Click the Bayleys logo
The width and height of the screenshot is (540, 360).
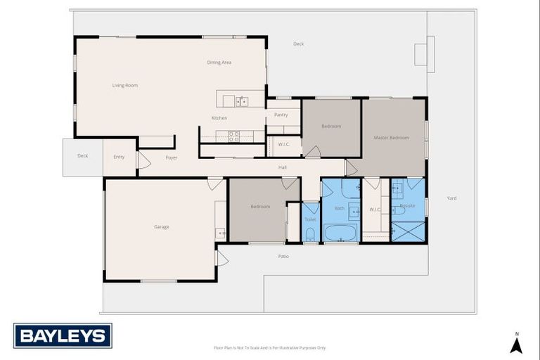63,335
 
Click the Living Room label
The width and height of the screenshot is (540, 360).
125,86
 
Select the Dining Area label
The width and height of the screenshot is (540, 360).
219,63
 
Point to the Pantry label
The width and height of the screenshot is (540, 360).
281,115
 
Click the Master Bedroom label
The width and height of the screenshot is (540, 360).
391,138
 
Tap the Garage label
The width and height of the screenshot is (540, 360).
162,226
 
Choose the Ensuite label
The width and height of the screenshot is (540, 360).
408,206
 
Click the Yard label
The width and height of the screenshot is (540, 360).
451,198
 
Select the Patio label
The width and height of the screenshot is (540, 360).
283,256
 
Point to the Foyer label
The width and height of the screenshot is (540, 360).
172,157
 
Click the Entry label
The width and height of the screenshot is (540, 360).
120,157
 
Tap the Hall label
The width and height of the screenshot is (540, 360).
283,167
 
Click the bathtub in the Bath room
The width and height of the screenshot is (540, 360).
341,233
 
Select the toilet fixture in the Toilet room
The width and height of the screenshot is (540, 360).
310,234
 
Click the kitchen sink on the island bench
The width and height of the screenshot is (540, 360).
242,101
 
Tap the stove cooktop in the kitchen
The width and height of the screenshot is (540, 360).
234,135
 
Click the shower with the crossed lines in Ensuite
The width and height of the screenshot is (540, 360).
408,231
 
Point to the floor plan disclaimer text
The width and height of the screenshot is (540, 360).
270,347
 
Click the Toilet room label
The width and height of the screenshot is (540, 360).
310,219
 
